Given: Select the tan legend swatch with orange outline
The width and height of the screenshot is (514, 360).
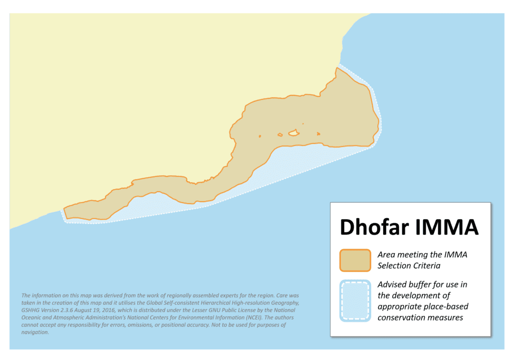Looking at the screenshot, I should pyautogui.click(x=355, y=260).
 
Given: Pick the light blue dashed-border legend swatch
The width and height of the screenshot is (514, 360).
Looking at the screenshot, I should pyautogui.click(x=355, y=301).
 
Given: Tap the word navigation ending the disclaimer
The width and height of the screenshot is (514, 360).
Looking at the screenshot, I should pyautogui.click(x=35, y=333).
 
